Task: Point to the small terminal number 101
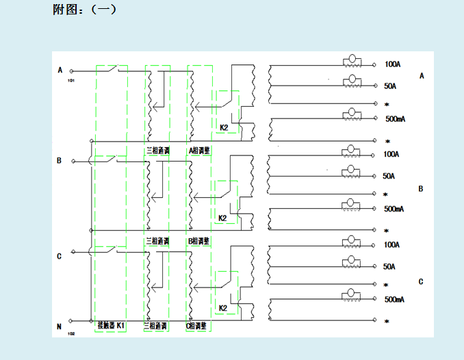71,80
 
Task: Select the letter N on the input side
60,326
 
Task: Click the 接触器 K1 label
111,325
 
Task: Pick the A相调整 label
199,149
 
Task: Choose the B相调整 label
199,242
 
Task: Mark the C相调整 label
199,326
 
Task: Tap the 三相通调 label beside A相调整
157,149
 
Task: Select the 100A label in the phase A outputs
393,64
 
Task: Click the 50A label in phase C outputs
389,266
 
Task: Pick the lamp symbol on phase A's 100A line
352,61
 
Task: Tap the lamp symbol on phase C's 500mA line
352,295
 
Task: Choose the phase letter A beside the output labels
422,76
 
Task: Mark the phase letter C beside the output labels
421,282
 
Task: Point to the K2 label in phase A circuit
224,127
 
